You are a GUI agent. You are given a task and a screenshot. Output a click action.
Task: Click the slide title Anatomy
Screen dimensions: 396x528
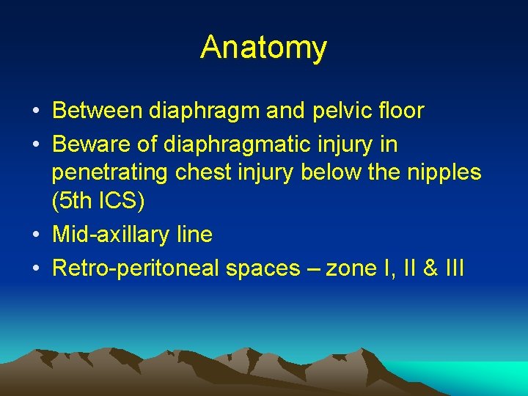tap(264, 48)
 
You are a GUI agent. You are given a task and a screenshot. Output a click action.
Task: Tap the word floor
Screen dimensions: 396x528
tap(399, 111)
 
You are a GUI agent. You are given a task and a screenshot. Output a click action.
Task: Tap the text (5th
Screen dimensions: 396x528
tap(73, 200)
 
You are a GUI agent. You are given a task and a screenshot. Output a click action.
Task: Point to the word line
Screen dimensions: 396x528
tap(194, 235)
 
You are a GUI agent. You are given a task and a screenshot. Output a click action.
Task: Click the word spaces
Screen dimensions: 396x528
tap(260, 269)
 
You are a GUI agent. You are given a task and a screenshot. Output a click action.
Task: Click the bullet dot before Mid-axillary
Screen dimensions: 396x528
tap(36, 235)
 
